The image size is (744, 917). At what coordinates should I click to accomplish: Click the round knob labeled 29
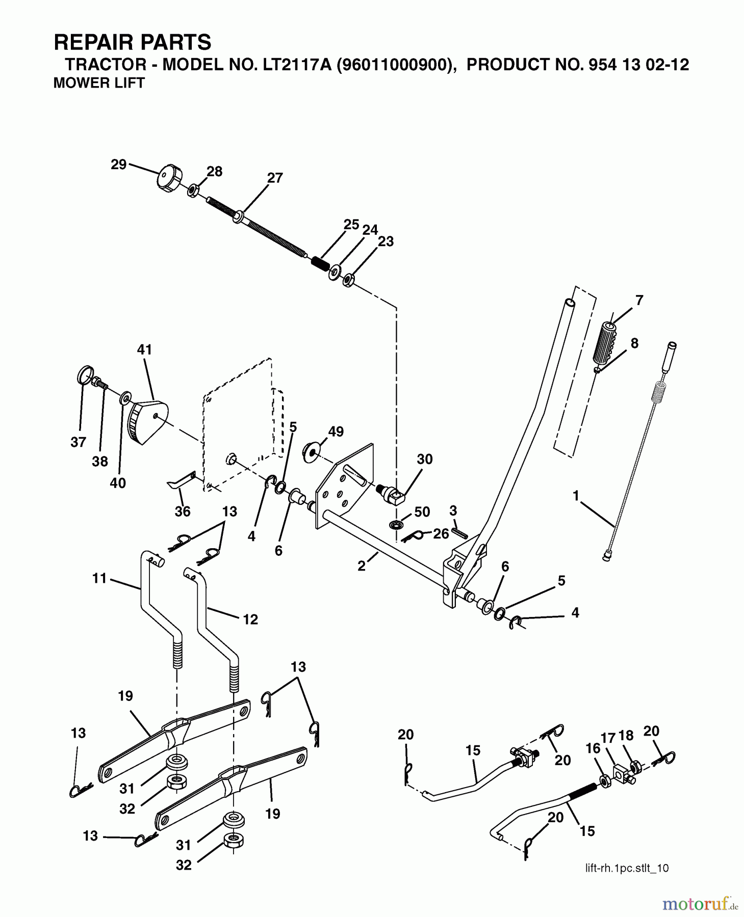[x=169, y=178]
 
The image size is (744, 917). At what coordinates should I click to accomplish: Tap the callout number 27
[x=275, y=178]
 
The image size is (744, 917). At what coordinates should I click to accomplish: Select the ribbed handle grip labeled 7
[x=606, y=343]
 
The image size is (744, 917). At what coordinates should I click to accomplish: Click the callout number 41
[x=144, y=350]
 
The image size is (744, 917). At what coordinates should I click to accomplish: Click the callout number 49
[x=336, y=431]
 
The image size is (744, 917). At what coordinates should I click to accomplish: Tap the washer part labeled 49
[x=310, y=452]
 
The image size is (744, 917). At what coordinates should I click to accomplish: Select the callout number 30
[x=424, y=459]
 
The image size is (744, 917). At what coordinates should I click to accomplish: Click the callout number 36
[x=183, y=511]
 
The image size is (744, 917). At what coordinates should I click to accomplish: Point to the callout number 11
[x=99, y=578]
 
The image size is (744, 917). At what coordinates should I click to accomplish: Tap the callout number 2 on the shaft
[x=361, y=565]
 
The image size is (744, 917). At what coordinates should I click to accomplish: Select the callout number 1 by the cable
[x=576, y=495]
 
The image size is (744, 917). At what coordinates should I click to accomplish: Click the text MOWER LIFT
[x=99, y=83]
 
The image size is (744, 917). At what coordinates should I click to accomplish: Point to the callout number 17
[x=608, y=737]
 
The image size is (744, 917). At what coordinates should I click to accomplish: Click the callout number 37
[x=78, y=442]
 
